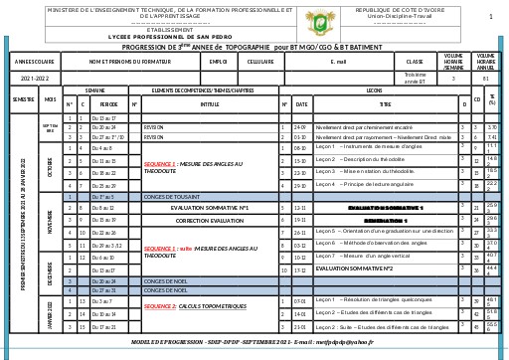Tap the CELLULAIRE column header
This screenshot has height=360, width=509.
(x=260, y=62)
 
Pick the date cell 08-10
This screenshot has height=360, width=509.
(x=300, y=147)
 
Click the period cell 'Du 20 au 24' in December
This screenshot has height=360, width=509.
(x=104, y=281)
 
